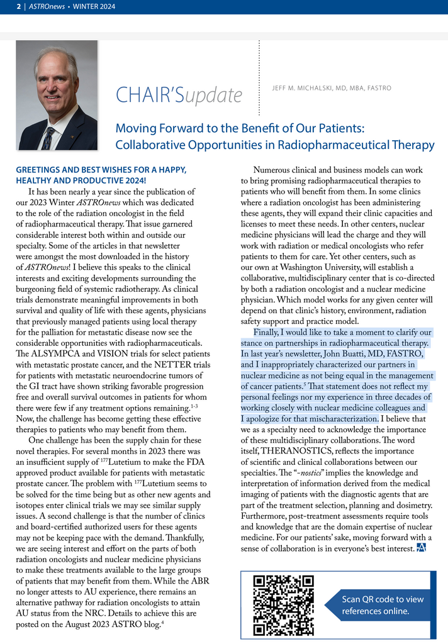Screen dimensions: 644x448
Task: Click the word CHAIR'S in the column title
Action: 149,95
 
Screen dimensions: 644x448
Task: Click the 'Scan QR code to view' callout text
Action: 383,599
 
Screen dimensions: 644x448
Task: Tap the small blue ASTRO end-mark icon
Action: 422,548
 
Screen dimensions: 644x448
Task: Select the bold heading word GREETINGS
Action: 40,169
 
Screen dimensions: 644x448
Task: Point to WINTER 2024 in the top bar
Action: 94,6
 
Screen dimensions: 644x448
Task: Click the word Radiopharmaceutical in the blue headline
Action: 332,145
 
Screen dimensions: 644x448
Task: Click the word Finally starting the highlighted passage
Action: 270,332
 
